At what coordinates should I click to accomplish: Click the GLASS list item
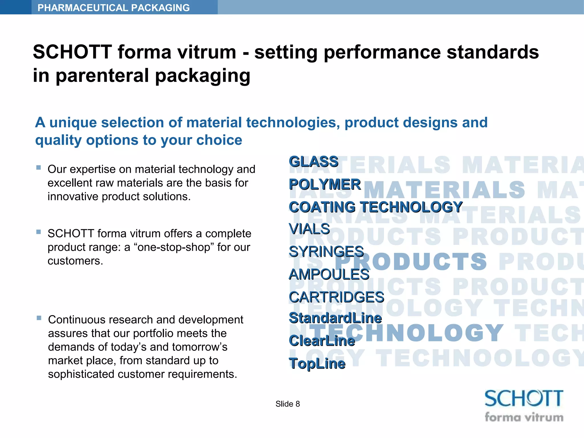pos(313,162)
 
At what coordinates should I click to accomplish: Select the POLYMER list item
pos(325,184)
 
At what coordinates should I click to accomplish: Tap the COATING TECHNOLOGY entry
pos(375,207)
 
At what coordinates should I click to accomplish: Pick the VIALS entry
pos(309,229)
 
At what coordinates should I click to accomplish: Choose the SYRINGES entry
pos(326,252)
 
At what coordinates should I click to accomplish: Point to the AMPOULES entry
pos(329,275)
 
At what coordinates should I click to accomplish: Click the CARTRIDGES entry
pos(336,297)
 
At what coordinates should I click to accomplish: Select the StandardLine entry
pos(335,318)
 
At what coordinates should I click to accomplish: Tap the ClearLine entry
pos(322,341)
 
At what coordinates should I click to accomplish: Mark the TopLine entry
pos(317,364)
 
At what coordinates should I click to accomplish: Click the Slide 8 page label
pos(287,404)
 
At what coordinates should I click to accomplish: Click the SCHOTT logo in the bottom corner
pos(524,399)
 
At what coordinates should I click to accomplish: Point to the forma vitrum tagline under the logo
pos(524,417)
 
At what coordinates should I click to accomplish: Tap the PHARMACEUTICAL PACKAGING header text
pos(113,8)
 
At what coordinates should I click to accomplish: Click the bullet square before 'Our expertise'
pos(39,168)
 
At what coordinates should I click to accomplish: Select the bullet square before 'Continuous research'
pos(39,318)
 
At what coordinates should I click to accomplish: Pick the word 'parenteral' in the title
pos(103,76)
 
